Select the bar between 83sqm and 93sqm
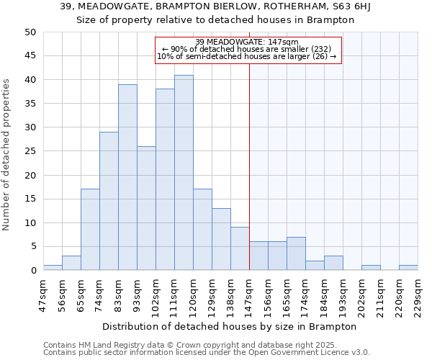click(x=127, y=177)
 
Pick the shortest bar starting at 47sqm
click(x=53, y=268)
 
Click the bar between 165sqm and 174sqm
click(x=296, y=253)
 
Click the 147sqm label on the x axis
click(x=249, y=294)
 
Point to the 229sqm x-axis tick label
click(x=418, y=294)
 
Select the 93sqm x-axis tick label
click(x=137, y=294)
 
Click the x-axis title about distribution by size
click(x=230, y=326)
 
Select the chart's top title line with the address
click(x=216, y=6)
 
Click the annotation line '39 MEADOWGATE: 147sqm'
click(x=247, y=42)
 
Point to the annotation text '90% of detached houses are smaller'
click(x=247, y=49)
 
